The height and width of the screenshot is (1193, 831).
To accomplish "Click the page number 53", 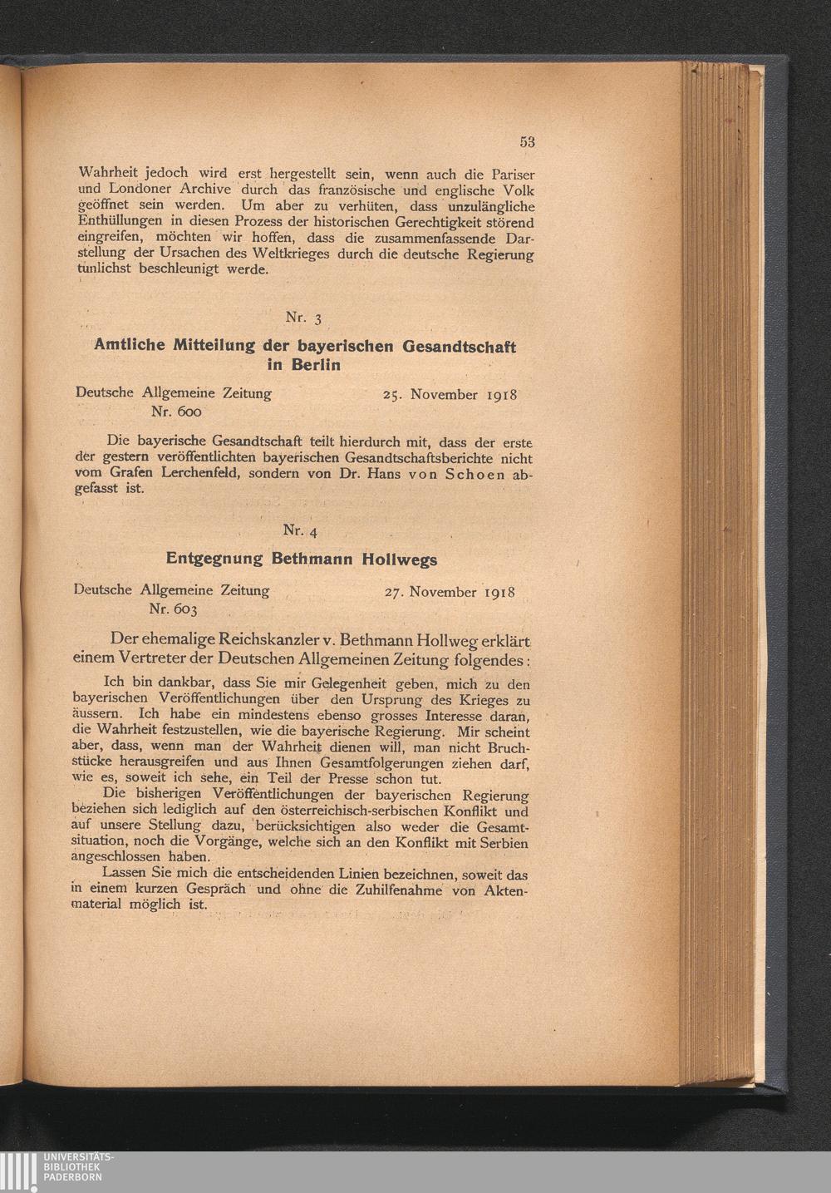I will (x=527, y=142).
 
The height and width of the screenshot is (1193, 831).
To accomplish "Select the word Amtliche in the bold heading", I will (x=128, y=346).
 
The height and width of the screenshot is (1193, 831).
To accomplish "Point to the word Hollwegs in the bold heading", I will (x=399, y=560).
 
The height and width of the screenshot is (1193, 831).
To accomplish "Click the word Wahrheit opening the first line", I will (x=108, y=175).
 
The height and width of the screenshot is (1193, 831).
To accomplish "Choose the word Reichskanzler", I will (x=267, y=641).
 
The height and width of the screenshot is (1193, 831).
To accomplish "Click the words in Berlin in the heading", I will (x=304, y=365).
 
